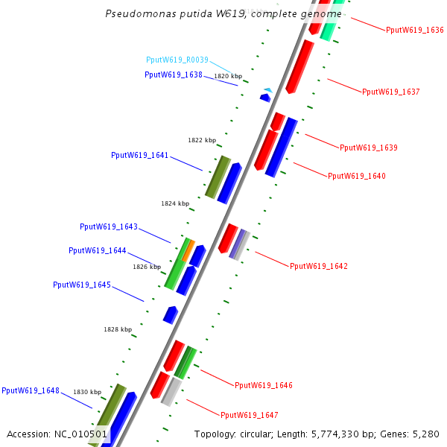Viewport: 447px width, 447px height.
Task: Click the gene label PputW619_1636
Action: click(x=415, y=31)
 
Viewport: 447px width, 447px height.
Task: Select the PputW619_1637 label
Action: click(x=391, y=92)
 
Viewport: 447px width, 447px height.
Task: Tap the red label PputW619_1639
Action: click(x=369, y=148)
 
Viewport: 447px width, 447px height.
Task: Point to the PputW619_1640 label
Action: click(x=357, y=177)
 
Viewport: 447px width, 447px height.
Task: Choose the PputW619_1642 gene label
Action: click(x=319, y=266)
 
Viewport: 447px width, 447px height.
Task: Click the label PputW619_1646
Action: click(x=264, y=386)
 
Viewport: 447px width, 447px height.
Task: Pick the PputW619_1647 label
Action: click(x=250, y=415)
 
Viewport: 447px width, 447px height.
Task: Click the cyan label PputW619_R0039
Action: click(x=177, y=60)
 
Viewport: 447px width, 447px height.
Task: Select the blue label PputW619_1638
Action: click(x=174, y=74)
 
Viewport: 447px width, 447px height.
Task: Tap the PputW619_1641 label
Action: click(x=140, y=156)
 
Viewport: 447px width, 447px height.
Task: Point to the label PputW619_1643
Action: click(x=109, y=226)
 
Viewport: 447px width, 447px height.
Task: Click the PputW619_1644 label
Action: click(x=98, y=251)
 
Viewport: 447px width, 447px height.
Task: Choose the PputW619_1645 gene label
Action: click(x=82, y=285)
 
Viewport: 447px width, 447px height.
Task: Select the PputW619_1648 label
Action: click(x=31, y=390)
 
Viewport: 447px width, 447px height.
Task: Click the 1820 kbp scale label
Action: click(x=228, y=76)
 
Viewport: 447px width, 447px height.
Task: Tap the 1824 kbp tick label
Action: click(x=175, y=203)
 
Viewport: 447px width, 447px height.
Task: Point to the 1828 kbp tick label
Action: click(x=118, y=329)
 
